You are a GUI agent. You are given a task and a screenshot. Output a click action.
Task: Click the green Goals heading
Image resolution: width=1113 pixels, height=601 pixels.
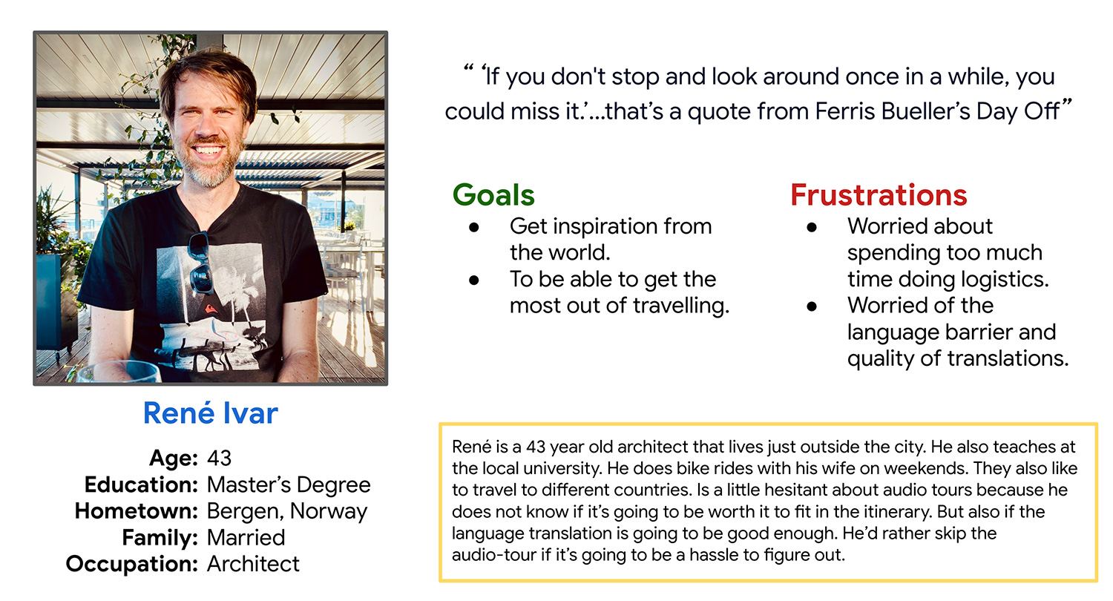coord(493,194)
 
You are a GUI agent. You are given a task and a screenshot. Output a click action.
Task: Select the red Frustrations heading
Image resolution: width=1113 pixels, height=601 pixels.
coord(879,194)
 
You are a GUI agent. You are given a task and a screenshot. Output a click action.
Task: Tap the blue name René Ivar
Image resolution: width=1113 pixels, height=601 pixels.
coord(211,413)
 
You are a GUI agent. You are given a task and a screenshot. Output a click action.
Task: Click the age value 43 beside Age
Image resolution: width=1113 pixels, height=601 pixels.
coord(219,458)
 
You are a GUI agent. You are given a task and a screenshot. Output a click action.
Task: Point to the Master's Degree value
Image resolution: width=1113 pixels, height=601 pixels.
coord(289,485)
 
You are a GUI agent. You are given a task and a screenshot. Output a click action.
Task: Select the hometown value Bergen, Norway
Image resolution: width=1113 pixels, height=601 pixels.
coord(287,511)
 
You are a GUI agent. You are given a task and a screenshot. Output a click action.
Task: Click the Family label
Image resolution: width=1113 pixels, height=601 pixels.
coord(160,538)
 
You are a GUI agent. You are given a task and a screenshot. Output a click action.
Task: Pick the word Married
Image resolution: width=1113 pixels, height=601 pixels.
coord(246,537)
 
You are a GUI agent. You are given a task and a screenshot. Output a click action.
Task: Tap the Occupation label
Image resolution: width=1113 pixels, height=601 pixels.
coord(132,564)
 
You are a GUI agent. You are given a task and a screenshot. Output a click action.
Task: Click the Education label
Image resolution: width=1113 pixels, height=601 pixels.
coord(141,485)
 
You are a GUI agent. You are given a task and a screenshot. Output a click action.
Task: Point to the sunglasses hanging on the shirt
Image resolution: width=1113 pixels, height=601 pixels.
coord(201,263)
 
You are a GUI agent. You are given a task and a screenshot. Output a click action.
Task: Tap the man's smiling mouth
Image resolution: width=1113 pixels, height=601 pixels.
coord(208,149)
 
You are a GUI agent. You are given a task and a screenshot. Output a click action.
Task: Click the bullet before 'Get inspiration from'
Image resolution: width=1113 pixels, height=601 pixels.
coord(474,228)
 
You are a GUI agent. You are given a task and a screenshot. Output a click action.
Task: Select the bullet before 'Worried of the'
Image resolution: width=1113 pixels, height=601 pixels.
coord(812,306)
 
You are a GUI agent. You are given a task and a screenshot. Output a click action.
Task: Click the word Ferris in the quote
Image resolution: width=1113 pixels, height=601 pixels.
coord(845,111)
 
